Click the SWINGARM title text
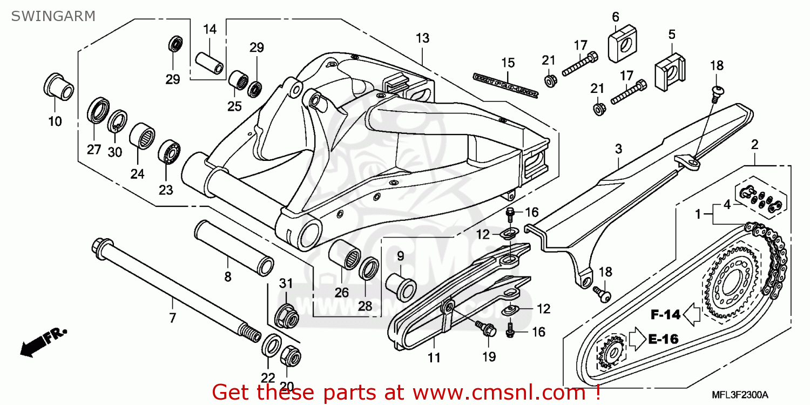(x=53, y=16)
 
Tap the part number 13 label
(x=422, y=38)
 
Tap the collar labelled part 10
(x=58, y=87)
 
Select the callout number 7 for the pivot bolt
(x=172, y=318)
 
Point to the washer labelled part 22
(x=271, y=345)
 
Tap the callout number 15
(x=508, y=63)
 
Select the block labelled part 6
(x=620, y=44)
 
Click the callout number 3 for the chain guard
(x=619, y=148)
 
